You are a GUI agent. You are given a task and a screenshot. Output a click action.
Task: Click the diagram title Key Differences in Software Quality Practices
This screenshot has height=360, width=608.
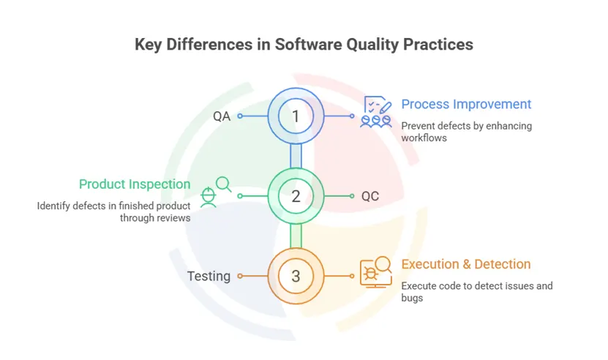point(304,45)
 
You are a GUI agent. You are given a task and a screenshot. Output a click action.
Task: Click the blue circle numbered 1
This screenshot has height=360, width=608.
point(296,116)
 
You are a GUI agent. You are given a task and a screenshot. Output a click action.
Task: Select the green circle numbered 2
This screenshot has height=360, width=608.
point(296,196)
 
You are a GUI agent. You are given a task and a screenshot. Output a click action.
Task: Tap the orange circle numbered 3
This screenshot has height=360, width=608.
point(296,276)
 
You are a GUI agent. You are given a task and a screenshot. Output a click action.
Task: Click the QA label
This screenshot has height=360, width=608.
point(222,116)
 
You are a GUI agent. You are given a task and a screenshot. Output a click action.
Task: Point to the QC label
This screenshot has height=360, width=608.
point(370,196)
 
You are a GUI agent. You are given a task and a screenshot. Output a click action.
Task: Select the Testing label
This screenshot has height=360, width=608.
point(209,276)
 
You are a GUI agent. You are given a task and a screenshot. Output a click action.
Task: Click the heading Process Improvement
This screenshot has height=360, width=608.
point(466,104)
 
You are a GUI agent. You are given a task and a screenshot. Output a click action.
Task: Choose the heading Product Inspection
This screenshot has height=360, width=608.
point(135,184)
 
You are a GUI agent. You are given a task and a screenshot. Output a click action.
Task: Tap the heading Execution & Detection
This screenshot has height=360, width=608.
point(465,264)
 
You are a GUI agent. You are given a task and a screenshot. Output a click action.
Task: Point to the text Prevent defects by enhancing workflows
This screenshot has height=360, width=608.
point(466,132)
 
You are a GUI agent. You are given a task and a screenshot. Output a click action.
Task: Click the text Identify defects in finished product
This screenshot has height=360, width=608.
point(114,206)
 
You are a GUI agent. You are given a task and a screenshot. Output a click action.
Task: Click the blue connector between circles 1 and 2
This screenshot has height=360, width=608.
point(296,156)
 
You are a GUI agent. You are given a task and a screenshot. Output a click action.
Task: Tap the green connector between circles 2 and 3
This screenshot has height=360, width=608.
point(296,236)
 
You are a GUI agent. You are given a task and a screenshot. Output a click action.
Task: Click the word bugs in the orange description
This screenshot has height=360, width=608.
point(412,298)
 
